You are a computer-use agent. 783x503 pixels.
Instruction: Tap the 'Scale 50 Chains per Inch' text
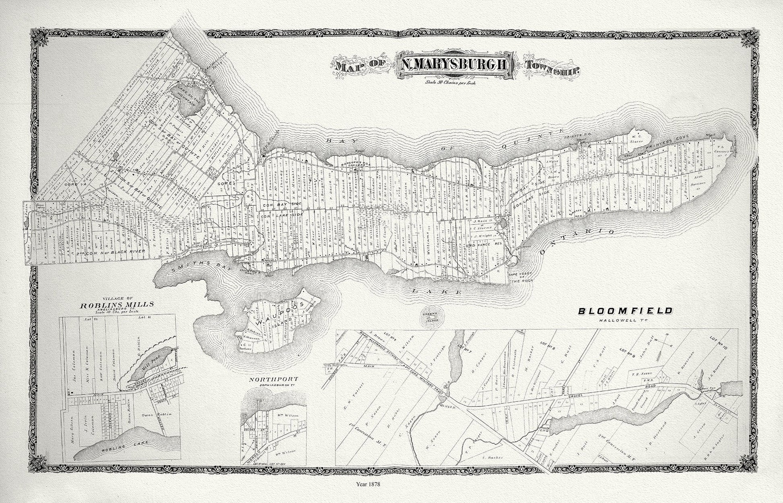(x=454, y=83)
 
